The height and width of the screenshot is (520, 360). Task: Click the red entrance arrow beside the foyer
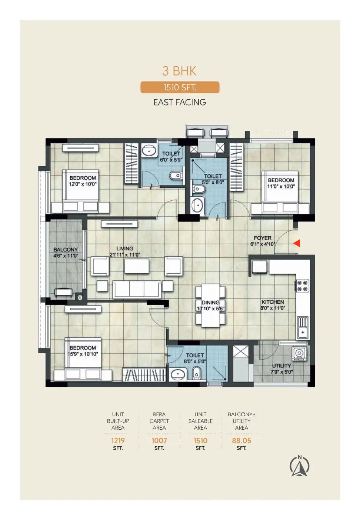pyautogui.click(x=297, y=243)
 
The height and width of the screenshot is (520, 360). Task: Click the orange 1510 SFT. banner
pyautogui.click(x=180, y=87)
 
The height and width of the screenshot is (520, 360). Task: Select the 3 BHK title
pyautogui.click(x=179, y=71)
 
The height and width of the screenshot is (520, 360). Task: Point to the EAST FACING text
pyautogui.click(x=180, y=102)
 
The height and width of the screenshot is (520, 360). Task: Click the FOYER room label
pyautogui.click(x=263, y=238)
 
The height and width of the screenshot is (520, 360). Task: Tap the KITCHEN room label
pyautogui.click(x=273, y=302)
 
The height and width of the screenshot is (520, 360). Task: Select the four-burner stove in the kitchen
pyautogui.click(x=303, y=286)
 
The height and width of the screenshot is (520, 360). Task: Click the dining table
pyautogui.click(x=210, y=305)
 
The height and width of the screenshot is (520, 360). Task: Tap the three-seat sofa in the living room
pyautogui.click(x=137, y=290)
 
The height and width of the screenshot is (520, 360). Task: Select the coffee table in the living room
pyautogui.click(x=137, y=266)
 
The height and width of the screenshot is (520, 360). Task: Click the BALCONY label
pyautogui.click(x=66, y=250)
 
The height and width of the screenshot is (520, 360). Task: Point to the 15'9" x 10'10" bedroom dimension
pyautogui.click(x=83, y=354)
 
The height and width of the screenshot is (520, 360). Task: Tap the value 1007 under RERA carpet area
pyautogui.click(x=159, y=440)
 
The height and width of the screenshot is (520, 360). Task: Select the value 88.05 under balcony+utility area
pyautogui.click(x=241, y=440)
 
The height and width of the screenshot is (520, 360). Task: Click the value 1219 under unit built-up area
pyautogui.click(x=118, y=440)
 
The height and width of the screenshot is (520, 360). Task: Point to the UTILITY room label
pyautogui.click(x=281, y=366)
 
